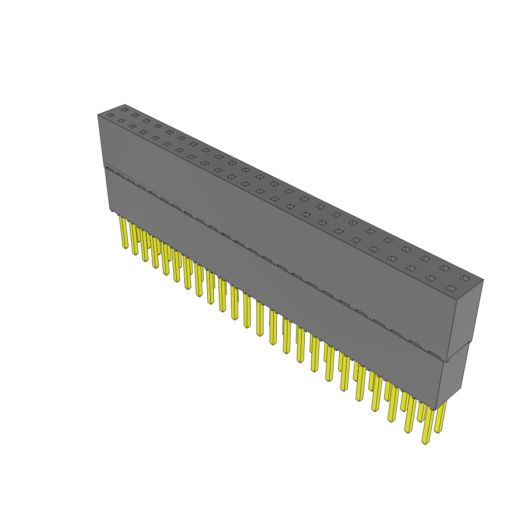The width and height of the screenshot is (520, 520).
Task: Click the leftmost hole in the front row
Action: click(110, 115)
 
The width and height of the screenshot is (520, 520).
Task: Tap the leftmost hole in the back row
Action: click(124, 110)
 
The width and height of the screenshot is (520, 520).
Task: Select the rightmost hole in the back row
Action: click(465, 278)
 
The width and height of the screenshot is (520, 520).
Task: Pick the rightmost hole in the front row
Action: click(450, 288)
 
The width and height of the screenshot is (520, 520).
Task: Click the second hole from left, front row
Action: click(121, 120)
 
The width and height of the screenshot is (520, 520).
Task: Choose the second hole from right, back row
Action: click(444, 268)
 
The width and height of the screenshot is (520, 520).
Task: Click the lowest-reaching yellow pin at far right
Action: click(428, 427)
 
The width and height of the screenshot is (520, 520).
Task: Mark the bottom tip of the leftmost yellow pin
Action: click(125, 248)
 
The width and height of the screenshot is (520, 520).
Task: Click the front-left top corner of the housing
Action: click(98, 115)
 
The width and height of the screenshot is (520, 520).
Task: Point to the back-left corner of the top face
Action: click(125, 105)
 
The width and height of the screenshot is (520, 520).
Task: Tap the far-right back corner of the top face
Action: click(483, 279)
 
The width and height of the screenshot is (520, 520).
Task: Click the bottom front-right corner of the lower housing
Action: click(436, 408)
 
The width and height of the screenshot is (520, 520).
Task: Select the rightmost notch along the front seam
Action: click(434, 353)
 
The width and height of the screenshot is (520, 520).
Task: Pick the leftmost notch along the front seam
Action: click(109, 170)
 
